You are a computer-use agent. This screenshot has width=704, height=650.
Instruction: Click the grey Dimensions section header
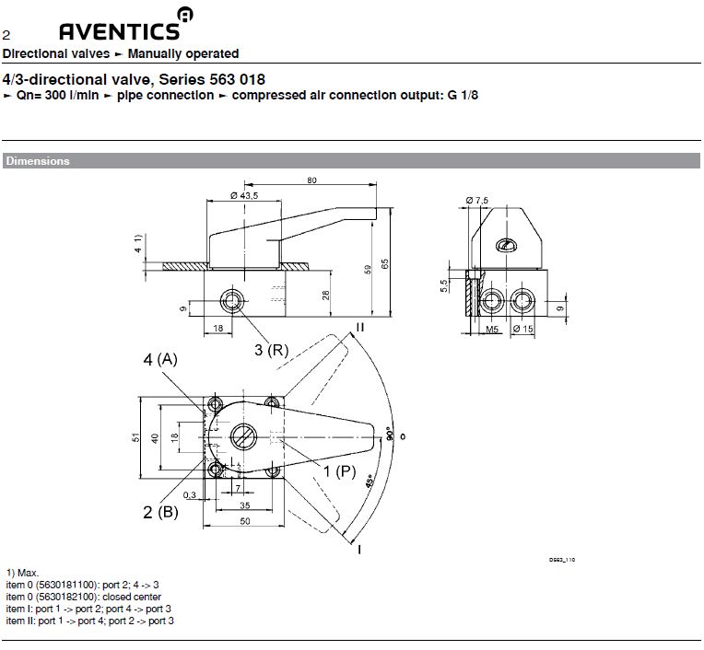tap(38, 161)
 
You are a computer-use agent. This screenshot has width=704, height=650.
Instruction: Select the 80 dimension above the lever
tap(312, 180)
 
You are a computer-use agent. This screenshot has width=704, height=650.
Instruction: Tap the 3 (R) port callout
tap(273, 349)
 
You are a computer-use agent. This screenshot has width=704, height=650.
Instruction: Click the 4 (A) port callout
tap(160, 360)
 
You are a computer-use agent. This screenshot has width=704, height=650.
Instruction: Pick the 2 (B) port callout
tap(160, 512)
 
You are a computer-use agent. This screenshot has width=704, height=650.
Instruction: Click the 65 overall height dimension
tap(386, 262)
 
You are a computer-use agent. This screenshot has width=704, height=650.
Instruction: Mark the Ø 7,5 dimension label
tap(478, 200)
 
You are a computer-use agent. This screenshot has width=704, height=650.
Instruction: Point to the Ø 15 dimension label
tap(522, 330)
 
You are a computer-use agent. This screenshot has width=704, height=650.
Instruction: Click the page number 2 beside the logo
tap(6, 36)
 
